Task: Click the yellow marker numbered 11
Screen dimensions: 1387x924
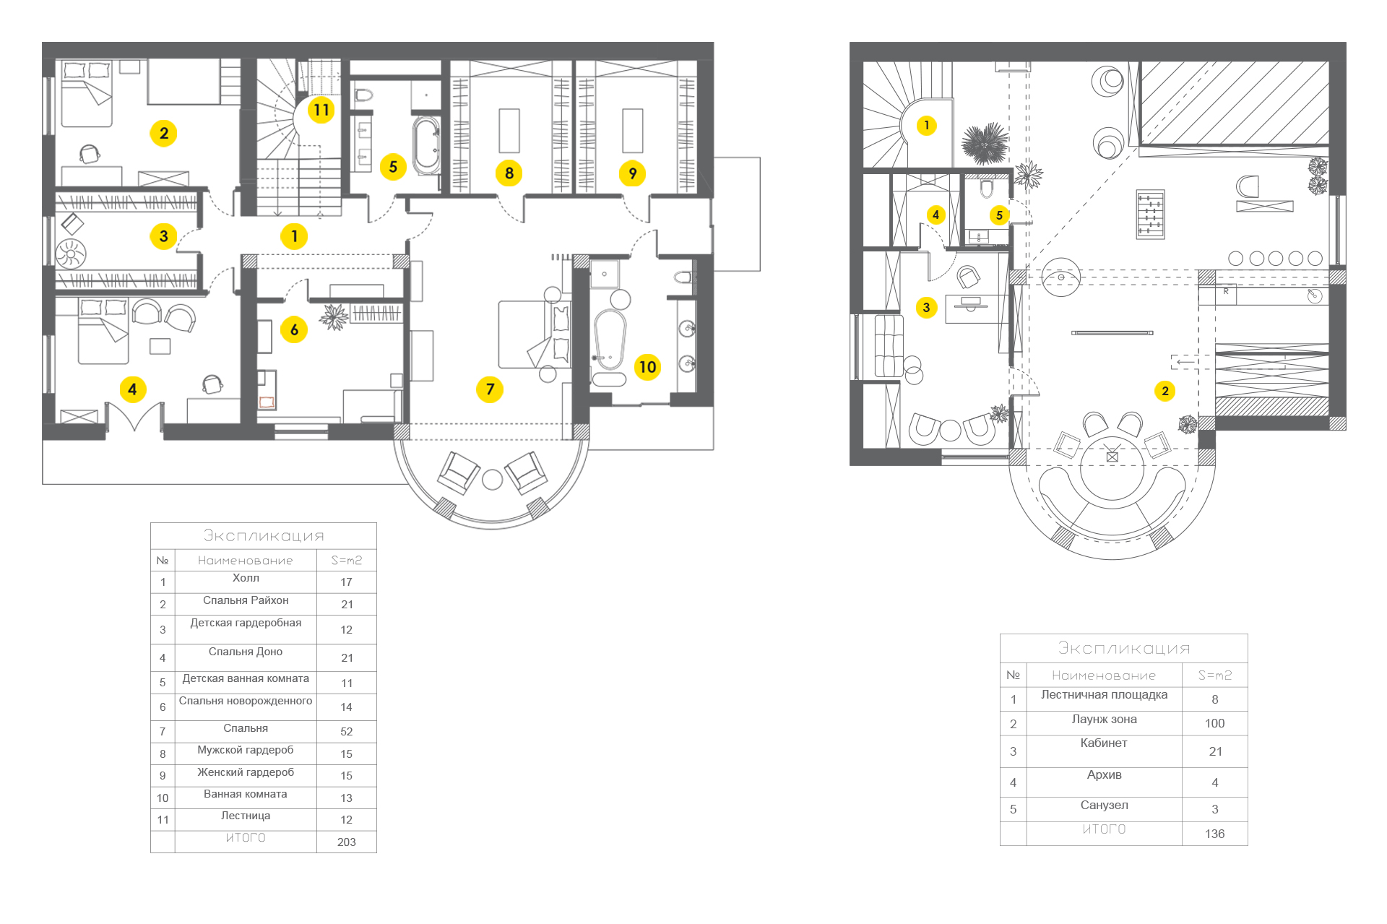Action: [x=321, y=110]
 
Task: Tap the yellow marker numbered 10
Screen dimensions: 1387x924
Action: [x=647, y=367]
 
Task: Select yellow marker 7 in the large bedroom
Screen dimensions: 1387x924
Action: [x=490, y=389]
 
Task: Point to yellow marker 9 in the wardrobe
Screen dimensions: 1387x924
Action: [x=632, y=173]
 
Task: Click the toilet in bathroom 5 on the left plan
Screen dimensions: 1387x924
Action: [x=363, y=95]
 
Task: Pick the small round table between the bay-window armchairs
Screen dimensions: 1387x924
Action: [x=492, y=480]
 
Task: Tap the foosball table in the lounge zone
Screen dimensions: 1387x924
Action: [x=1151, y=214]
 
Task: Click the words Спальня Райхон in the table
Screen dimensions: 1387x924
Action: [x=246, y=600]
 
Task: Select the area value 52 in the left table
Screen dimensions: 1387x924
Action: [x=347, y=731]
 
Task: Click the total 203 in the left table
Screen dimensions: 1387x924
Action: [x=347, y=842]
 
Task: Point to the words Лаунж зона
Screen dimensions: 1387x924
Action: [x=1104, y=719]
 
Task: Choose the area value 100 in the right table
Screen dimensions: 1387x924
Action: [x=1215, y=723]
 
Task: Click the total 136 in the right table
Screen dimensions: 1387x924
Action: [x=1215, y=834]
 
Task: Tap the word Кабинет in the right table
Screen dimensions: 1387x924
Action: [x=1104, y=743]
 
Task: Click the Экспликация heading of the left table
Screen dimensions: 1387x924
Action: [x=264, y=535]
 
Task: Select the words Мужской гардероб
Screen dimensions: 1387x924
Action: [x=246, y=750]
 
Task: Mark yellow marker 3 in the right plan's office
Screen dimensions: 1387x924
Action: [x=926, y=307]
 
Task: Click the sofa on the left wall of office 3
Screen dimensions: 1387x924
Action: [x=889, y=345]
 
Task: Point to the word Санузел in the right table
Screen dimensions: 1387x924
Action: [x=1104, y=805]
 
